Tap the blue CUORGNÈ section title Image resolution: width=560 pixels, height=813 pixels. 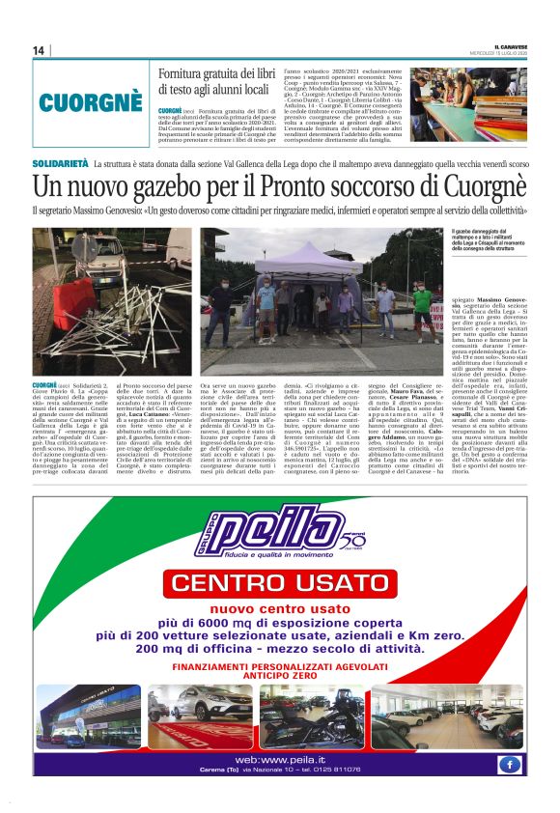point(91,100)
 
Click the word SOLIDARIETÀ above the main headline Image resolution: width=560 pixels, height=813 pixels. point(60,165)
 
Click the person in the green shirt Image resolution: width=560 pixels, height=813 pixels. point(422,307)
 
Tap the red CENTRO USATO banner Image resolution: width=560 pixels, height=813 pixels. point(280,582)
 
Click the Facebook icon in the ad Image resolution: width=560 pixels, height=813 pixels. point(510,763)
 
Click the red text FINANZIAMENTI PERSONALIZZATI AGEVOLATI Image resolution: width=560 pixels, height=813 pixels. point(280,667)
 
